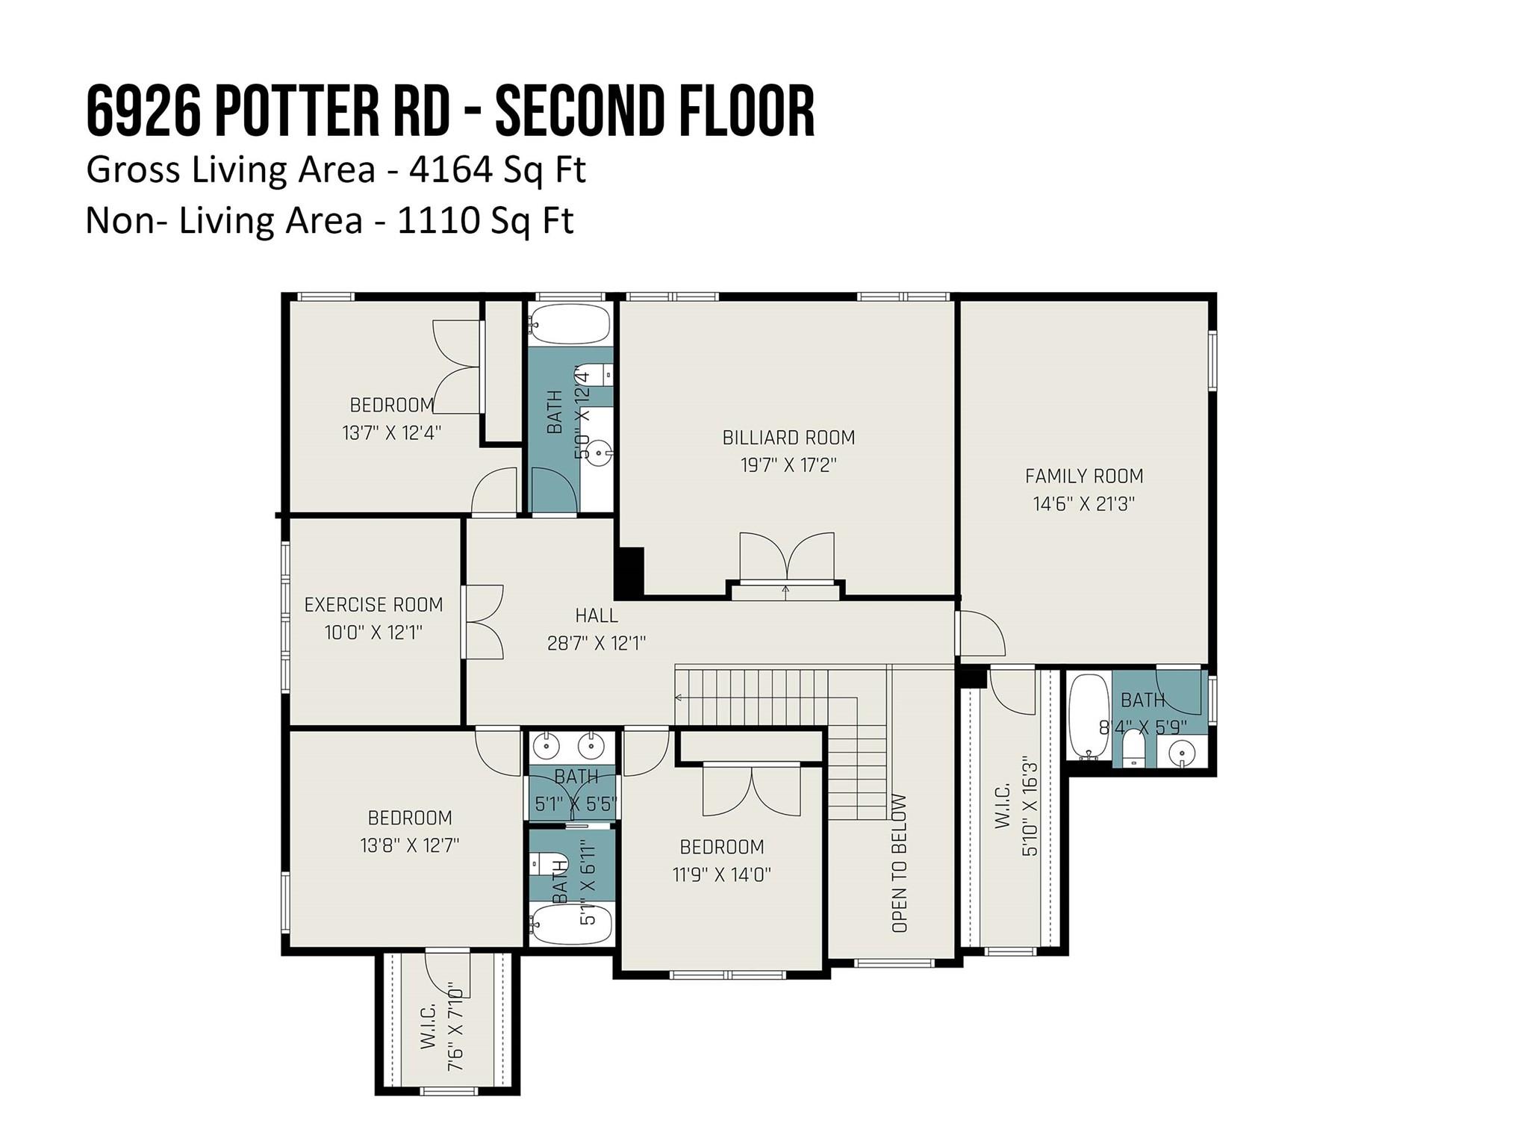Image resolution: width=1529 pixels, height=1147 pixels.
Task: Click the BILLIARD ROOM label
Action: tap(788, 438)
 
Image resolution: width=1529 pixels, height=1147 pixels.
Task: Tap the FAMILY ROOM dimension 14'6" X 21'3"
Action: tap(1083, 504)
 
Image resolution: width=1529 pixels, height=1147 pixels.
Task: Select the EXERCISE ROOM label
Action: tap(373, 604)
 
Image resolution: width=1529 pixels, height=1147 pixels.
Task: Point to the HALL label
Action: tap(597, 615)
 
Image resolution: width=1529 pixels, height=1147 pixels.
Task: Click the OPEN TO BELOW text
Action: tap(900, 862)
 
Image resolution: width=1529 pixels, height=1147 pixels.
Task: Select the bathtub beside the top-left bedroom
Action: tap(570, 324)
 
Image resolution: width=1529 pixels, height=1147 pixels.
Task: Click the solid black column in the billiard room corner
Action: tap(629, 571)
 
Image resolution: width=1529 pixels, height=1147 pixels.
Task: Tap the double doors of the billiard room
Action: tap(786, 559)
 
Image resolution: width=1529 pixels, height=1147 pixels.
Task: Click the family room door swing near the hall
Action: tap(980, 633)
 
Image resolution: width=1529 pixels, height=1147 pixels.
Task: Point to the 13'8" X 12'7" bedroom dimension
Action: tap(409, 845)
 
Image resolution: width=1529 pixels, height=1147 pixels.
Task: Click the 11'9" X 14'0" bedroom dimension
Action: tap(721, 874)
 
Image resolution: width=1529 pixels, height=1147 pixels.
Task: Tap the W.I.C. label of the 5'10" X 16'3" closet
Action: tap(1003, 806)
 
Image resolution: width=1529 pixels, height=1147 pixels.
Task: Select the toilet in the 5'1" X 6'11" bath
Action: tap(541, 865)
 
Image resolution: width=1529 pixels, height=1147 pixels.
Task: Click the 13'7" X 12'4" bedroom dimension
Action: tap(392, 432)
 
